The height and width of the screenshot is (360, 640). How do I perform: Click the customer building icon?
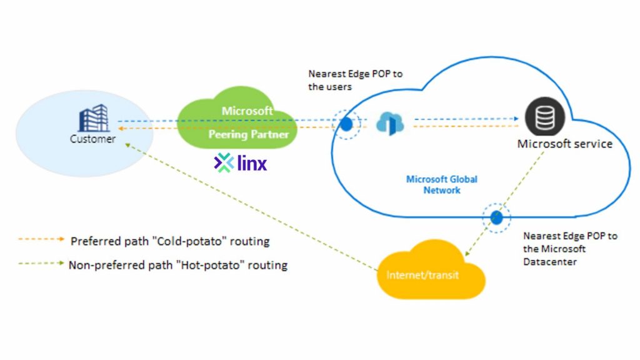93,118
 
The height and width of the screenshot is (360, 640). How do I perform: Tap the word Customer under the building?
92,139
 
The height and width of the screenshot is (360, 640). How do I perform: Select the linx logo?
241,163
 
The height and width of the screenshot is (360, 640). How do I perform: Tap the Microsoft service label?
564,144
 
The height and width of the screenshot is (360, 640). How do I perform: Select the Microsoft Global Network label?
442,184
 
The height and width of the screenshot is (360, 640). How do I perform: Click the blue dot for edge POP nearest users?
346,124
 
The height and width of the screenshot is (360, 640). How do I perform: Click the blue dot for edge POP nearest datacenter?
497,217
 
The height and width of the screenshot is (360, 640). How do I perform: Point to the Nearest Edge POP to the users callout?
355,80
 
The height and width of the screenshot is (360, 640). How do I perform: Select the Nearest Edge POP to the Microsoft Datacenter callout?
569,249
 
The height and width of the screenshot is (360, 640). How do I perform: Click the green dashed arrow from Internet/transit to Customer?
250,209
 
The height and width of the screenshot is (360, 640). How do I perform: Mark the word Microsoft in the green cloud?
247,111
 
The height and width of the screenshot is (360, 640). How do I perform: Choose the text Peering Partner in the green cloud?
249,134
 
